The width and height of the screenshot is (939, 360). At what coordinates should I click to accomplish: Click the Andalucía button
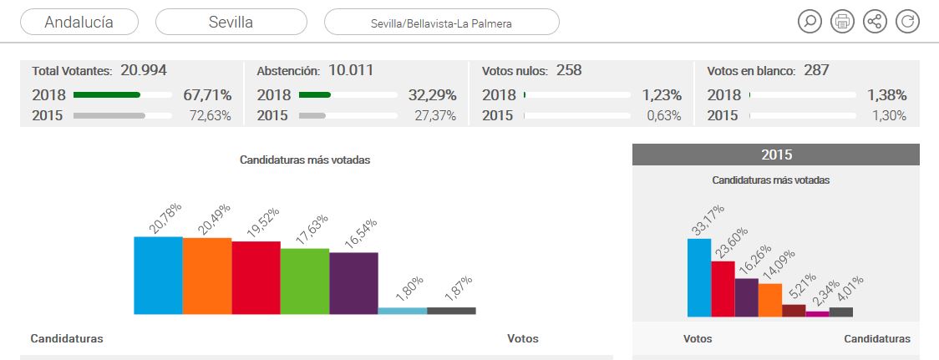(x=79, y=22)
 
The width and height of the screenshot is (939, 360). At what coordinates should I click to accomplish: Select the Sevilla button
(x=231, y=22)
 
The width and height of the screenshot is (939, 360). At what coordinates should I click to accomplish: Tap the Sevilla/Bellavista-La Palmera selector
(x=441, y=23)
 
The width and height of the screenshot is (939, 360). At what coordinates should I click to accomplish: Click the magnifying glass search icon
(x=809, y=22)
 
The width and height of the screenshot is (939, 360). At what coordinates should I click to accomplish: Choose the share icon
(x=875, y=22)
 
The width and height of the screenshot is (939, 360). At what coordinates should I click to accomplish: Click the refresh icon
(x=907, y=22)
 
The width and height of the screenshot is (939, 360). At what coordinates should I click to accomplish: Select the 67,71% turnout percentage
(x=207, y=95)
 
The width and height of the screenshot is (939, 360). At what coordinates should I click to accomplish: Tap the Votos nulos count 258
(x=568, y=70)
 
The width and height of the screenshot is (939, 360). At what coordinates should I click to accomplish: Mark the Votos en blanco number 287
(x=816, y=70)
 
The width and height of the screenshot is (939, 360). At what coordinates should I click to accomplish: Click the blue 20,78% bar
(x=158, y=276)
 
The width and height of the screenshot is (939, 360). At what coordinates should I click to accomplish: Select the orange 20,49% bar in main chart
(x=206, y=276)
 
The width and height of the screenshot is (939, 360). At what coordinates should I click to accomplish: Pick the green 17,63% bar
(x=304, y=281)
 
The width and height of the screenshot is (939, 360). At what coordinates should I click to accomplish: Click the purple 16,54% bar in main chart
(x=353, y=283)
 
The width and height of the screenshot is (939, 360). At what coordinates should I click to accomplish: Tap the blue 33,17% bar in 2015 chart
(x=698, y=277)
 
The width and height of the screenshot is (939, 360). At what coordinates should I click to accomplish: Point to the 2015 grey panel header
(x=776, y=155)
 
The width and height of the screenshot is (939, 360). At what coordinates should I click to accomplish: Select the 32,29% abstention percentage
(x=432, y=95)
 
